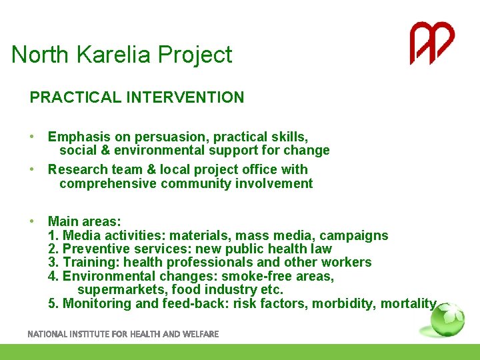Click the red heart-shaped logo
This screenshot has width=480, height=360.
(431, 43)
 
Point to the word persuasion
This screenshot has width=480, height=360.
(173, 137)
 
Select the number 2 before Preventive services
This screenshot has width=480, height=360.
(52, 249)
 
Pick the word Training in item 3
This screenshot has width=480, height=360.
(87, 263)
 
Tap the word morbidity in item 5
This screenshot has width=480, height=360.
(346, 304)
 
